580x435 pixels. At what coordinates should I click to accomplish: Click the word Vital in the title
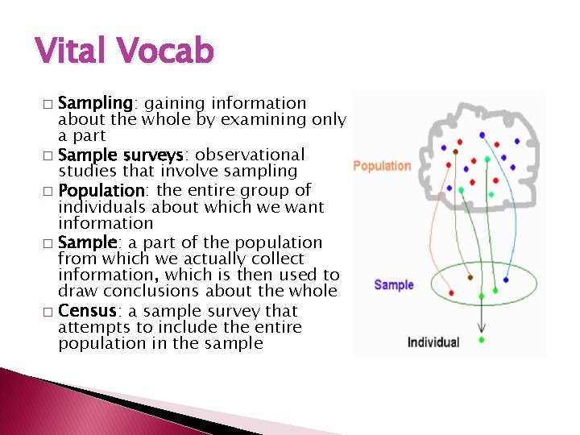click(75, 51)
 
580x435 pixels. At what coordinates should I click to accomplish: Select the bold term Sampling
click(95, 103)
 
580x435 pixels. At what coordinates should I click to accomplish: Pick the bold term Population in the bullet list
click(101, 191)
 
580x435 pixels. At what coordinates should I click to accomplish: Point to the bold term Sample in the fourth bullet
click(87, 242)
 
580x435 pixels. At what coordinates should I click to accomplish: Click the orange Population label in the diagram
click(382, 166)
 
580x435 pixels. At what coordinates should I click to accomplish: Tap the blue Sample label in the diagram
click(394, 285)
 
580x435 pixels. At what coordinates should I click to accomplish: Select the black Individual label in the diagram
click(433, 342)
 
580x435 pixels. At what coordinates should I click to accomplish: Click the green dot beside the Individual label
click(482, 340)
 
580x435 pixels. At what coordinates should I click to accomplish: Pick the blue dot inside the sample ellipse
click(505, 280)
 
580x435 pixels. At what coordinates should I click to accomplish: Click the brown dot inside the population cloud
click(456, 151)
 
